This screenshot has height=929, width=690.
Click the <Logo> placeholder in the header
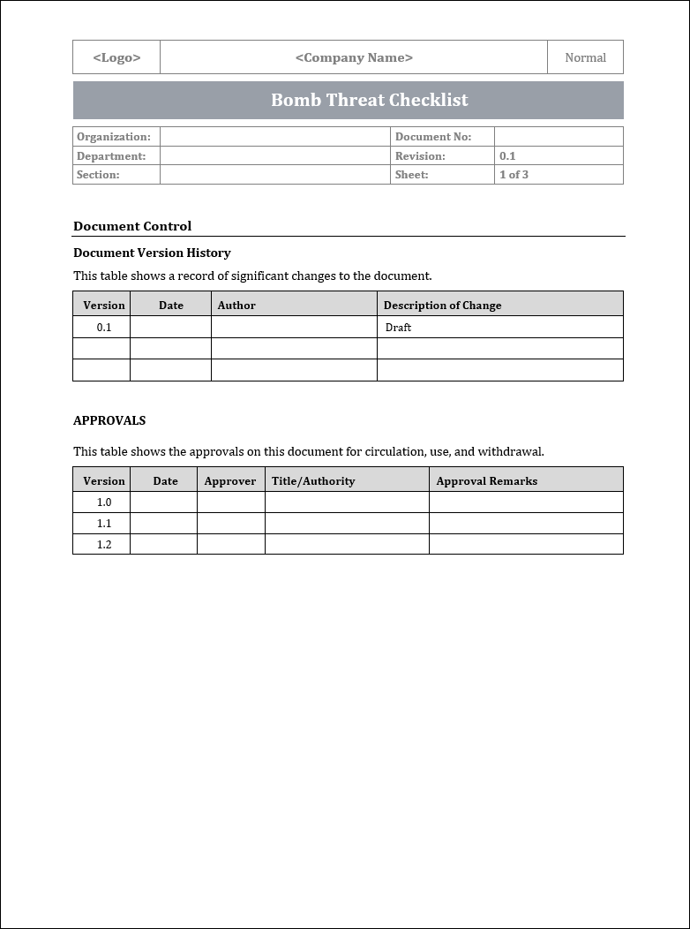(116, 57)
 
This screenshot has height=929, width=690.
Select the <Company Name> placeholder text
(354, 57)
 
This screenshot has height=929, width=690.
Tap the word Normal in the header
(585, 57)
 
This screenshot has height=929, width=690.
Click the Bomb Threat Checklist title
(369, 100)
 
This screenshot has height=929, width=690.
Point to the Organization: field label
(114, 137)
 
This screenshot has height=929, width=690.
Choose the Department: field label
(111, 156)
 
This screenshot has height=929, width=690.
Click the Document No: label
(433, 137)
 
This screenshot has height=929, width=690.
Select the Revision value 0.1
(507, 156)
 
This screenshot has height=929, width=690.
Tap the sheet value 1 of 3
(514, 175)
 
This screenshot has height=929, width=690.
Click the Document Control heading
(132, 226)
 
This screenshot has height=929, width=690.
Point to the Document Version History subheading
(152, 253)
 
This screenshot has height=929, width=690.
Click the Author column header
(236, 306)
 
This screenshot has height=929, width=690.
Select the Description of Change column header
(442, 306)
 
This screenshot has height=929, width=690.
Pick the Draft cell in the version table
(398, 328)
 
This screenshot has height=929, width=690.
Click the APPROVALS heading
(109, 420)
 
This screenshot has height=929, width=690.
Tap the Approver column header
(229, 481)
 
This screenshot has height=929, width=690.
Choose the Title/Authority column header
(313, 481)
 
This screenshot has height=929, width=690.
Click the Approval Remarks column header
(486, 481)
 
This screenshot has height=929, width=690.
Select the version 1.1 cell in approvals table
(104, 524)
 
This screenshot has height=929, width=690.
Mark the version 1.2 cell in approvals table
(104, 545)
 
